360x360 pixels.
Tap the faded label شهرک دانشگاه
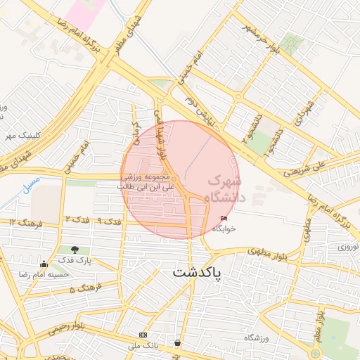click(224, 189)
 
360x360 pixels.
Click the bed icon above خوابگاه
click(224, 219)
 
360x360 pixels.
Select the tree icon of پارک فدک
click(75, 250)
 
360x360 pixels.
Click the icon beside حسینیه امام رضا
click(44, 264)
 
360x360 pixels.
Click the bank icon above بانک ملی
click(143, 335)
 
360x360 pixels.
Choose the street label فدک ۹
click(109, 221)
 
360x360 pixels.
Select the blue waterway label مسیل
click(32, 187)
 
